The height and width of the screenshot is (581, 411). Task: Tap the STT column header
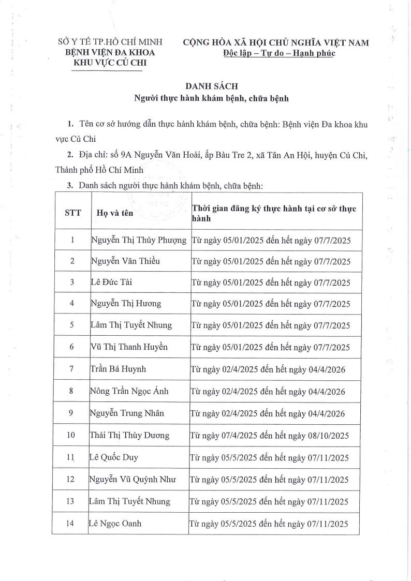pos(72,212)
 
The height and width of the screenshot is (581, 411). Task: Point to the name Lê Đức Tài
pos(111,282)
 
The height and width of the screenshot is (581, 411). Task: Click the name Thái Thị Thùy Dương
pos(129,435)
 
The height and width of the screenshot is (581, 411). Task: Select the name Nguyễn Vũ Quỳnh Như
pos(133,480)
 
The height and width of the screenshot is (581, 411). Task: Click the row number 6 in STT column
pos(72,347)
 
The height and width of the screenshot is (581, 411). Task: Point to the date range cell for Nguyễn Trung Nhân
pos(268,413)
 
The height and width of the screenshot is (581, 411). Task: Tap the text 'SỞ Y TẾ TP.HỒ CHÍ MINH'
pos(110,42)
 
